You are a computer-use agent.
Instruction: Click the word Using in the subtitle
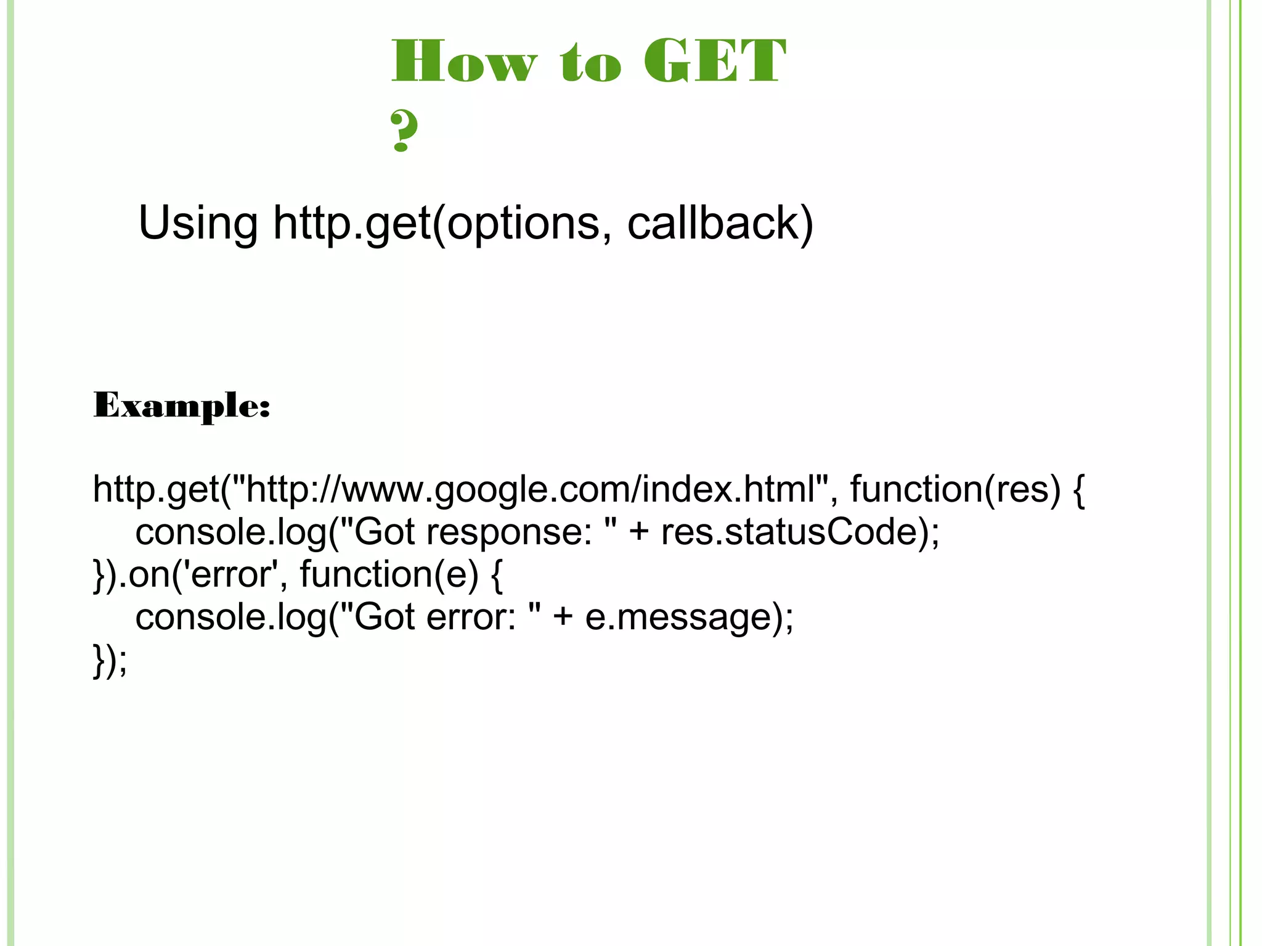[x=198, y=223]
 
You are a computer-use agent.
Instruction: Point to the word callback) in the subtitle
[x=720, y=223]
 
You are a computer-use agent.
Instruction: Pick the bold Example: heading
[x=182, y=406]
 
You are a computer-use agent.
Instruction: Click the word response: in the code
[x=508, y=532]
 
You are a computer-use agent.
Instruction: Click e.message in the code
[x=678, y=617]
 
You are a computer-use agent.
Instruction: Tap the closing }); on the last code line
[x=110, y=659]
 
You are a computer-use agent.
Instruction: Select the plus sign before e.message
[x=563, y=618]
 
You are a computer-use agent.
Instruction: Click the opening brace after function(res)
[x=1078, y=490]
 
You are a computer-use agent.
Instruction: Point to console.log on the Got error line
[x=230, y=617]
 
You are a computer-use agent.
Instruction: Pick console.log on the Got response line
[x=230, y=532]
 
